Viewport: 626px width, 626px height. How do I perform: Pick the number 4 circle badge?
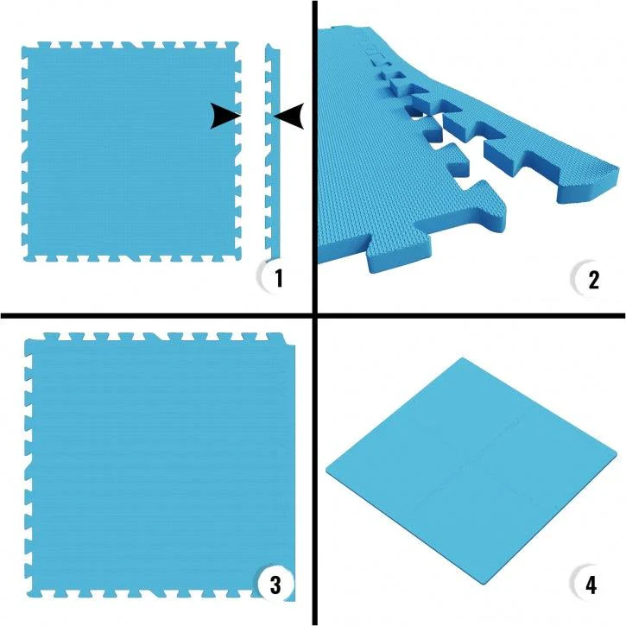click(590, 584)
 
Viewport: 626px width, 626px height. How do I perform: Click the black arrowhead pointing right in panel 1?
click(226, 116)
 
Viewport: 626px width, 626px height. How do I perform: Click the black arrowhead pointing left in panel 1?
click(288, 116)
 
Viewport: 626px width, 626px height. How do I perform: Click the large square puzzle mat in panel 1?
click(130, 151)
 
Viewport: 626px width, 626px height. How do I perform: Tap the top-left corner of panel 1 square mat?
click(24, 48)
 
